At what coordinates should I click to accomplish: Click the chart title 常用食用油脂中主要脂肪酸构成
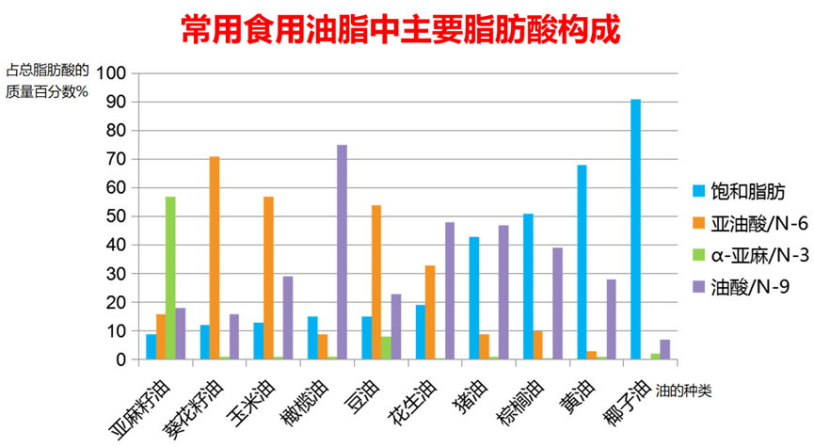click(401, 29)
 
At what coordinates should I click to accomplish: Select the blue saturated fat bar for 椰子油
click(635, 229)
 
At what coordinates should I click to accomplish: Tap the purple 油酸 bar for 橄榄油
click(343, 252)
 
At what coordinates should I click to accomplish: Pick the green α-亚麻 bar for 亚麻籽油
click(170, 278)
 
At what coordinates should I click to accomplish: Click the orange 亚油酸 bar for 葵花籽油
click(215, 258)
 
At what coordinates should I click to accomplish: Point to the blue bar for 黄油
click(582, 263)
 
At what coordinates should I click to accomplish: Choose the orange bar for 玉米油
click(268, 278)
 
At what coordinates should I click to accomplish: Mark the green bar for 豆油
click(386, 348)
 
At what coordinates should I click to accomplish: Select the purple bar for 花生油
click(450, 291)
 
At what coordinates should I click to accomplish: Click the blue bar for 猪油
click(474, 298)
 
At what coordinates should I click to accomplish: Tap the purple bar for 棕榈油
click(557, 303)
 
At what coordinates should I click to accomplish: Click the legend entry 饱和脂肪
click(740, 191)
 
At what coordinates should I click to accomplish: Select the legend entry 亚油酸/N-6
click(751, 223)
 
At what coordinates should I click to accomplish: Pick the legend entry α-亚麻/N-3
click(751, 255)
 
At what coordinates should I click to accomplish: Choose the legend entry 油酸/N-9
click(742, 287)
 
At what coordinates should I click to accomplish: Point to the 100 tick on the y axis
click(111, 73)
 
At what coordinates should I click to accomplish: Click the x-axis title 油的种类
click(683, 391)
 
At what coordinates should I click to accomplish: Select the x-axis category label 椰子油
click(626, 403)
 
